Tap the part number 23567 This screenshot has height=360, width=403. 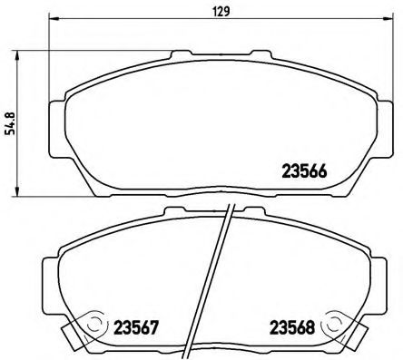pyautogui.click(x=137, y=326)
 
